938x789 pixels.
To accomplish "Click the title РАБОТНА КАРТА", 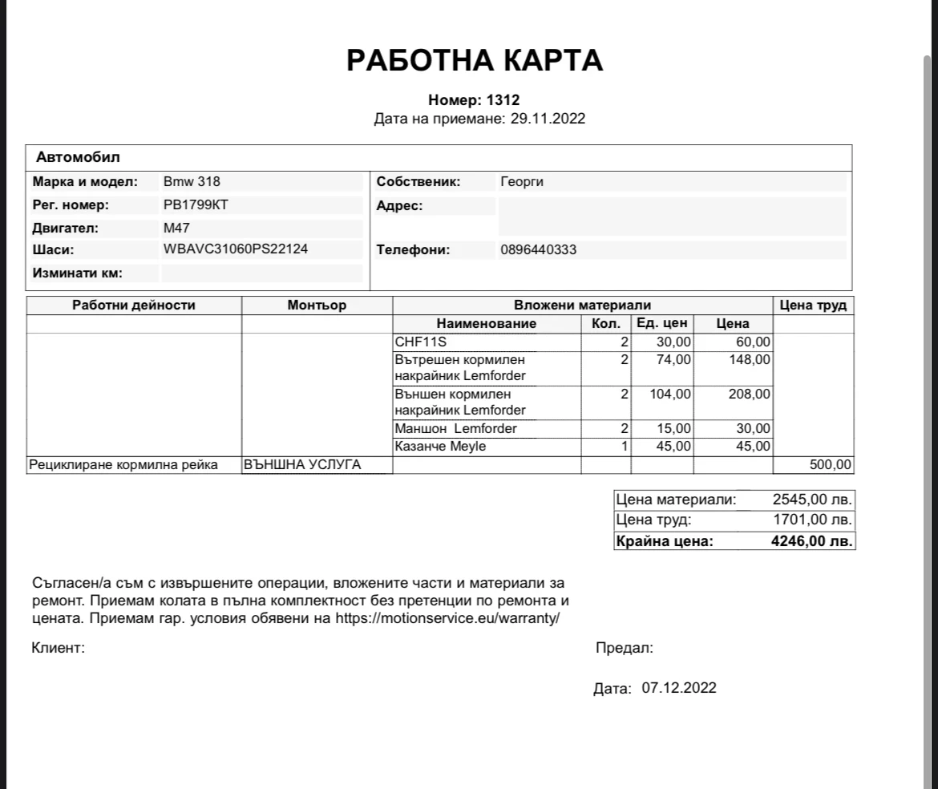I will click(x=475, y=60).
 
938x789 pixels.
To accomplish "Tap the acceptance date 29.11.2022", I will click(x=548, y=119).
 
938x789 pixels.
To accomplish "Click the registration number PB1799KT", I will click(x=196, y=205).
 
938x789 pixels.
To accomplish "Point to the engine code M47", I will click(x=176, y=228).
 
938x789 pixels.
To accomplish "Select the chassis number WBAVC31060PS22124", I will click(x=236, y=249).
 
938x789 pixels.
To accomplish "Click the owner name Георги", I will click(x=522, y=182).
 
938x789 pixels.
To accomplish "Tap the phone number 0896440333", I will click(x=538, y=250).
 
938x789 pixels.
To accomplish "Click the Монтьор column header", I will click(x=317, y=305).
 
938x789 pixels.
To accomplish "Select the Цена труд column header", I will click(x=813, y=305).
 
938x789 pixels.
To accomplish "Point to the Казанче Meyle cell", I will click(x=440, y=447).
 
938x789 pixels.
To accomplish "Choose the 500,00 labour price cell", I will click(x=832, y=465).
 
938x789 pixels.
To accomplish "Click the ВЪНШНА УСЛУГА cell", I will click(x=303, y=465).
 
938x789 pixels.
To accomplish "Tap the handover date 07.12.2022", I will click(x=679, y=688).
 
